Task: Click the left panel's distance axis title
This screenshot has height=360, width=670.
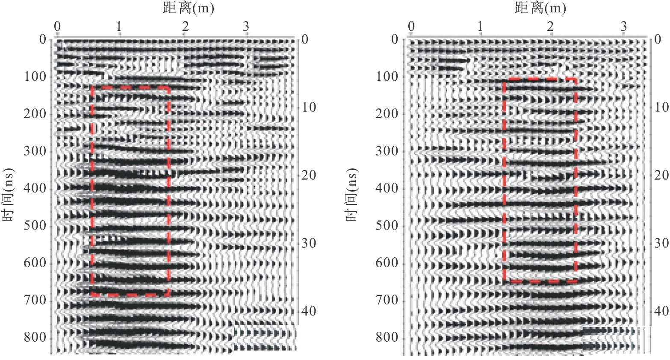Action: [x=188, y=8]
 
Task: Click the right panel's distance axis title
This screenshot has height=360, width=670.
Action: [x=540, y=8]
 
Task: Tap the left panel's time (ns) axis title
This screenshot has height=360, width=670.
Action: [x=9, y=195]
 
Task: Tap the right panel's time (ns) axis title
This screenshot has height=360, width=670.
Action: [x=351, y=195]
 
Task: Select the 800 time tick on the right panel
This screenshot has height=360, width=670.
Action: [x=388, y=338]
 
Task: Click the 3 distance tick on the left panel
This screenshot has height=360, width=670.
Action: [x=246, y=27]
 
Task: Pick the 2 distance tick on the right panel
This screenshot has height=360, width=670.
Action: [x=551, y=27]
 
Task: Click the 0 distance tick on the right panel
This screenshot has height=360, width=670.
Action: [x=411, y=27]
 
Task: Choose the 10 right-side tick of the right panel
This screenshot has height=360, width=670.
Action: [x=661, y=107]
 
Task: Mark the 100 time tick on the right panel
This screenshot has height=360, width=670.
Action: [x=388, y=77]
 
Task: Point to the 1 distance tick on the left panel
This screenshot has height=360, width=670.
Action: [x=119, y=27]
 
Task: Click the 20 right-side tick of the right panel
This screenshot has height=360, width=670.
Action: [x=661, y=175]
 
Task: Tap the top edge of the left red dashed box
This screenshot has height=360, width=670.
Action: [x=130, y=87]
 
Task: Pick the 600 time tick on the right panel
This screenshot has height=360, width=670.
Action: [x=388, y=263]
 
